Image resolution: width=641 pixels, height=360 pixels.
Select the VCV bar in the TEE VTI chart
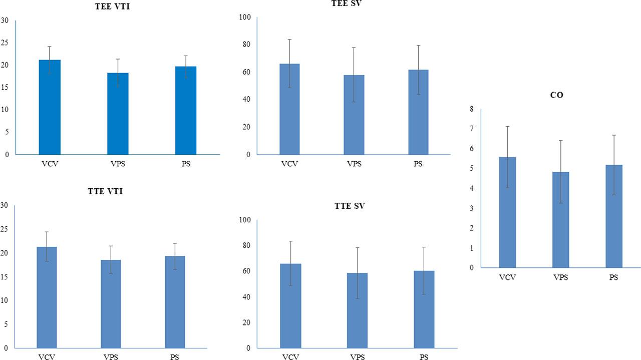click(50, 107)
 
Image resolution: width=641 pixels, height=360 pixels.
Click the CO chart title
click(556, 95)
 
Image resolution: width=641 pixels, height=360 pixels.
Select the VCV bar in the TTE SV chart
click(290, 305)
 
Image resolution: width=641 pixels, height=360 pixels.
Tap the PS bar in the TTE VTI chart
click(175, 302)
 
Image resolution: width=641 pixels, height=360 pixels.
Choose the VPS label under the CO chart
click(561, 277)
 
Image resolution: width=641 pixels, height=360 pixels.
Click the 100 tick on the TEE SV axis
click(245, 18)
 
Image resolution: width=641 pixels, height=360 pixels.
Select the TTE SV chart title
click(350, 206)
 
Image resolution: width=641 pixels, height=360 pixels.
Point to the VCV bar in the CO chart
click(507, 212)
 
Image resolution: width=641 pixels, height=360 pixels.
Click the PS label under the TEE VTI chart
click(186, 164)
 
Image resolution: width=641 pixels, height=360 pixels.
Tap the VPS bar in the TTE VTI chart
click(111, 303)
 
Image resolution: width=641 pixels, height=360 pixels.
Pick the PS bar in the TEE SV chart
click(418, 112)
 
